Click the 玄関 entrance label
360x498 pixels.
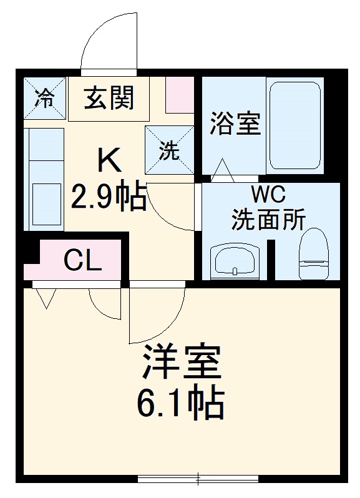coord(109,98)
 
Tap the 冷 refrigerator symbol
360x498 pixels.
coord(44,98)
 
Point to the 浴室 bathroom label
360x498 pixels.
coord(235,123)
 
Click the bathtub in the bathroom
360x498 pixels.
coord(294,127)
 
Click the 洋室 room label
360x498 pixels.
coord(181,364)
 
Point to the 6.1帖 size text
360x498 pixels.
coord(181,404)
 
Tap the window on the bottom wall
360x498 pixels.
coord(198,479)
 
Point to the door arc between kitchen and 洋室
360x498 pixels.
coord(156,315)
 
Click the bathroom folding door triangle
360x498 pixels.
coord(223,170)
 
